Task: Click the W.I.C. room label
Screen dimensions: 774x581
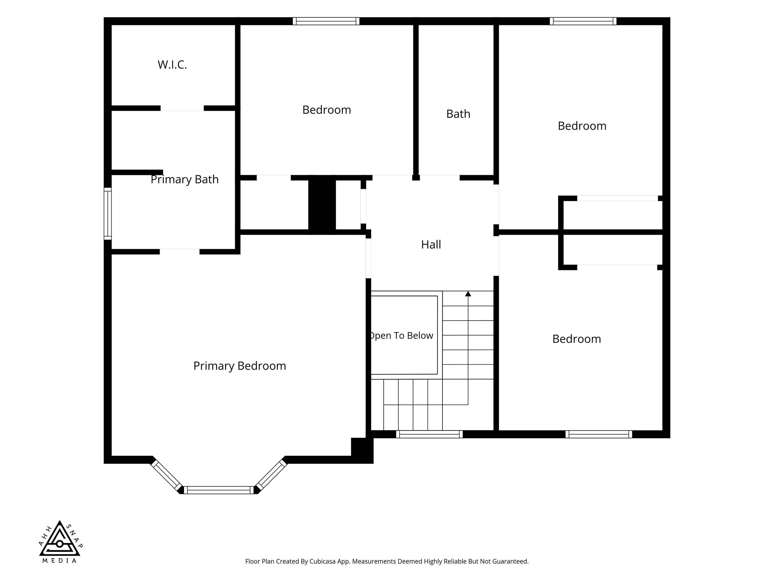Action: [172, 65]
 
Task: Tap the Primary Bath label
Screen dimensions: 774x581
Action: [184, 179]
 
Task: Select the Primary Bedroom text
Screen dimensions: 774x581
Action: [240, 366]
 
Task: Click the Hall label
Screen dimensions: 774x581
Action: [431, 244]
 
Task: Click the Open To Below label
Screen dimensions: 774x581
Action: [402, 335]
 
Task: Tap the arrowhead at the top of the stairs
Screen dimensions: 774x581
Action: [468, 294]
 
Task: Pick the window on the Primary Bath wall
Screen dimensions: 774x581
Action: [108, 214]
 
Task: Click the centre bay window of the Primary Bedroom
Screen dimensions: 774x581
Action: [219, 490]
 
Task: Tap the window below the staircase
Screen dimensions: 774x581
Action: [429, 434]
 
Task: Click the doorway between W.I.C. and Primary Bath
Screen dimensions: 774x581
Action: [182, 108]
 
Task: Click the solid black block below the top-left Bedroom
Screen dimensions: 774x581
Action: [322, 205]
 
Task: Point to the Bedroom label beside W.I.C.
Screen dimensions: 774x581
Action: [327, 110]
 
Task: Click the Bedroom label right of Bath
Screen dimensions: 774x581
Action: [582, 126]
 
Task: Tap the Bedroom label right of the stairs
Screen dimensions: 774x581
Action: [577, 339]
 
